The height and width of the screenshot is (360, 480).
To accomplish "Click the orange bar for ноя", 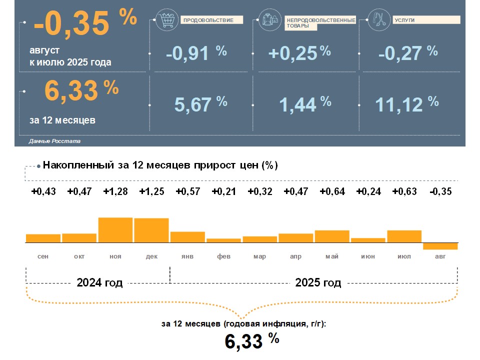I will (115, 230).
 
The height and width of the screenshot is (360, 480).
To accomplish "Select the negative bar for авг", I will (440, 246).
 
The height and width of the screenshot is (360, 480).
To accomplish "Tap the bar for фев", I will (223, 240).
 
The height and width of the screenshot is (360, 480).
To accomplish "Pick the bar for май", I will (332, 236).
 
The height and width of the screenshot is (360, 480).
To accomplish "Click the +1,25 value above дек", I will (151, 191).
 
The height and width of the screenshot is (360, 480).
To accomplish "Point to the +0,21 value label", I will (223, 191).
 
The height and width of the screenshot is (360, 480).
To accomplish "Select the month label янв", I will (187, 256).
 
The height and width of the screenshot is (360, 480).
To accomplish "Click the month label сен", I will (43, 256).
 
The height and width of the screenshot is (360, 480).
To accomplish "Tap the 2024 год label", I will (99, 282).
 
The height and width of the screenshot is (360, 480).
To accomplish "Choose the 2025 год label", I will (318, 282).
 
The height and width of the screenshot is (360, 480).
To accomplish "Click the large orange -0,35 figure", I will (71, 25).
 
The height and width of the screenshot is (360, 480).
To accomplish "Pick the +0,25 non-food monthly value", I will (293, 53).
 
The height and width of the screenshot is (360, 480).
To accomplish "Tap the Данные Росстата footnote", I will (54, 141).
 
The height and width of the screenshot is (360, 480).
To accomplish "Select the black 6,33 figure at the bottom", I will (243, 341).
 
